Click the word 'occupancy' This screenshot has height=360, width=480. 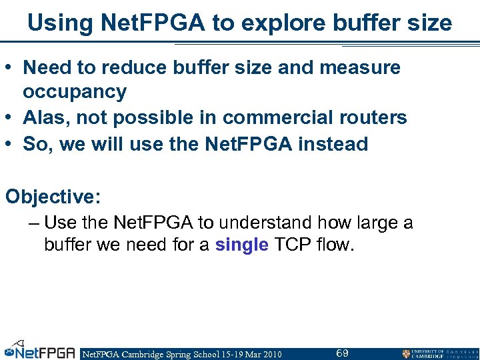(75, 91)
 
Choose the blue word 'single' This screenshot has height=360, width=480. (241, 245)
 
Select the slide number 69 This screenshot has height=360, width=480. (342, 353)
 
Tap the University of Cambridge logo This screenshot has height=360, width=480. (439, 353)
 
